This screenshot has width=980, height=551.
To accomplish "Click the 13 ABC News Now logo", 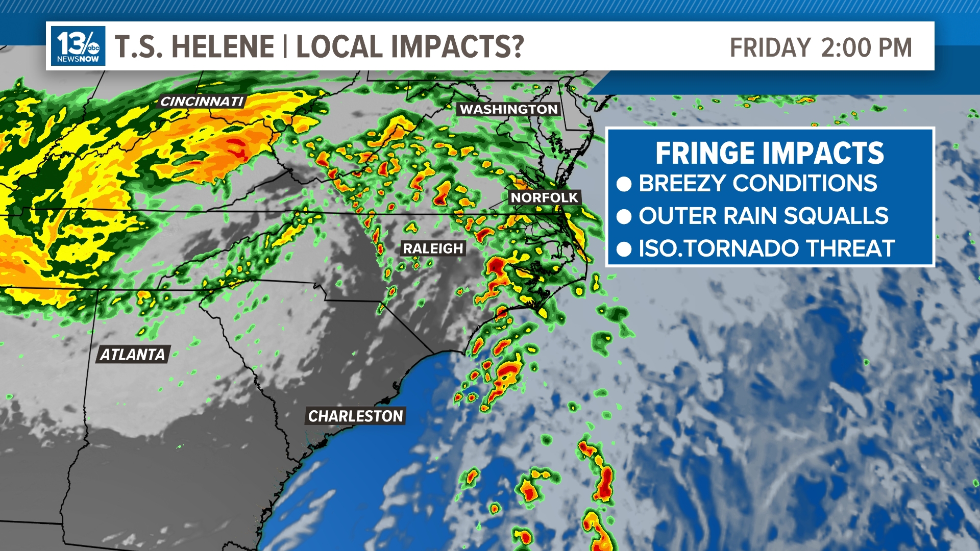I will [78, 46].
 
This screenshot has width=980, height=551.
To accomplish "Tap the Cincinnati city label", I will [202, 102].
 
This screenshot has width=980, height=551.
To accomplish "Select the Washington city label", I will [508, 109].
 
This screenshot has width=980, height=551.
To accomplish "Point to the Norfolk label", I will [544, 197].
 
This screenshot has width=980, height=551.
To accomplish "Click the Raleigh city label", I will [433, 248].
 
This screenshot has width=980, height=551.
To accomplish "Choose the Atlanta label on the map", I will [132, 355].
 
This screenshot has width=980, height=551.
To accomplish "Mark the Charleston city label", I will [355, 416].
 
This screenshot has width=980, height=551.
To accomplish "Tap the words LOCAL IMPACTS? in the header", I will [410, 47].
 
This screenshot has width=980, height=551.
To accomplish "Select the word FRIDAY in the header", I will [770, 48].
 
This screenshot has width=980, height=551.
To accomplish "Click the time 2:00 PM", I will [866, 48].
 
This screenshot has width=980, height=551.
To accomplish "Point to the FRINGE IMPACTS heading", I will [770, 153].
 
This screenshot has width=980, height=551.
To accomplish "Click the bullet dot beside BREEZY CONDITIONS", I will [624, 184].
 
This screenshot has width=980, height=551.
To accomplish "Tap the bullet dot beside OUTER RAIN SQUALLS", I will [624, 217].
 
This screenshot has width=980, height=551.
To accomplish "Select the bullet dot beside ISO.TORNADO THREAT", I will [624, 249].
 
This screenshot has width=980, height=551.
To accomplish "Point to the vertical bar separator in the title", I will [285, 47].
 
